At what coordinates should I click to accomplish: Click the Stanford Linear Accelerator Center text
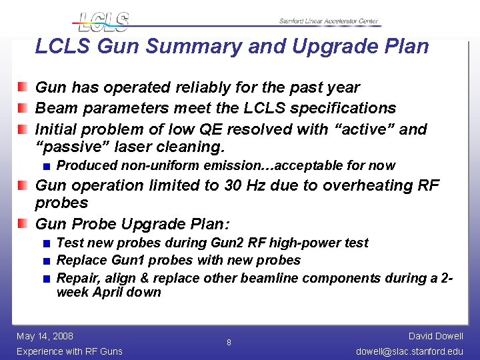click(x=329, y=21)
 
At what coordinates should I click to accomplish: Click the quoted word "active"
click(x=361, y=129)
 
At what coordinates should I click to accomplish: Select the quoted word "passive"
click(x=65, y=147)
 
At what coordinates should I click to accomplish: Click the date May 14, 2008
click(x=45, y=336)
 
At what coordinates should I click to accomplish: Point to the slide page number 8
click(x=229, y=343)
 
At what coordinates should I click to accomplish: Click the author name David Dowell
click(x=436, y=336)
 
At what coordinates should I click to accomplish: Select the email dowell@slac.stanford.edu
click(x=409, y=351)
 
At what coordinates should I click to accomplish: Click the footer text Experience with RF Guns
click(x=69, y=351)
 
